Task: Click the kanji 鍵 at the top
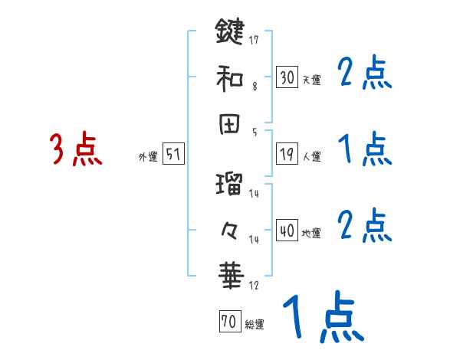[230, 34]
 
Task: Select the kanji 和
[230, 78]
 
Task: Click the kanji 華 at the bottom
[230, 274]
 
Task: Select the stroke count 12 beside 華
[254, 286]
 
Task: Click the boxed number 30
[287, 77]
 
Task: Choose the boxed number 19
[287, 155]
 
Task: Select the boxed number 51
[173, 155]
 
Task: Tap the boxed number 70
[228, 322]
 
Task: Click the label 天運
[312, 80]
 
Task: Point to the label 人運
[312, 157]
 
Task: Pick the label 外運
[148, 157]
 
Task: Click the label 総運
[255, 324]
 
